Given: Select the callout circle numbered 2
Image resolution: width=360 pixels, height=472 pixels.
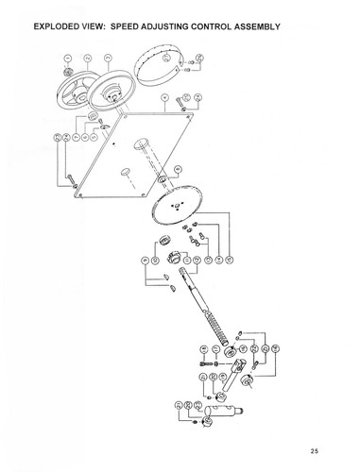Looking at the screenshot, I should pos(88,59).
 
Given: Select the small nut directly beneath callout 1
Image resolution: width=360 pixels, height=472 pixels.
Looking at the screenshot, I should pos(66,73).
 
